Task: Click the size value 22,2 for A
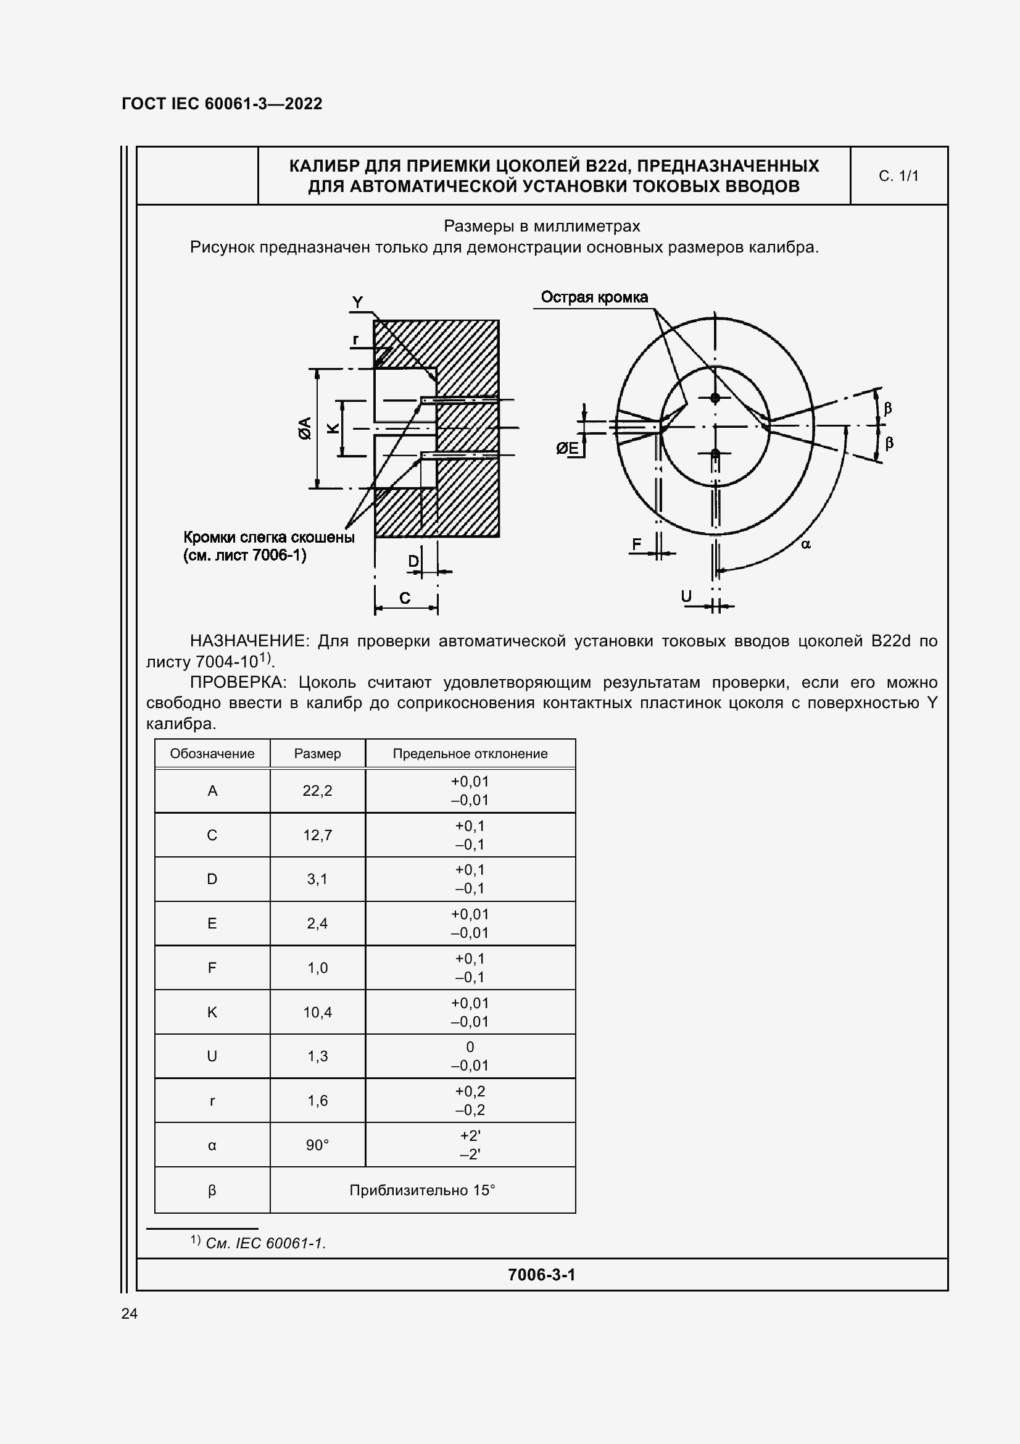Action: (317, 791)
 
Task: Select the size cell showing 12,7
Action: (317, 835)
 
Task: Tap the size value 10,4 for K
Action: (317, 1012)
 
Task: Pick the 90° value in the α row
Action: (317, 1145)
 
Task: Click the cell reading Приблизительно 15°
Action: (422, 1190)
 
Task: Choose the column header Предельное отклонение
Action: (470, 753)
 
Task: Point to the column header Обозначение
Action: (212, 753)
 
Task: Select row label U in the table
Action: (212, 1056)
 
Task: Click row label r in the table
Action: (212, 1101)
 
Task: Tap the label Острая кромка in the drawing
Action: (594, 298)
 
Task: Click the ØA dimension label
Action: (305, 428)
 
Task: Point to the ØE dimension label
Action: (568, 448)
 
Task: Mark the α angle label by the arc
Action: (806, 544)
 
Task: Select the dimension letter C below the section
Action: (405, 598)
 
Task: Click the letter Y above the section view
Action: (357, 303)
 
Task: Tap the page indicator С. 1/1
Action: (898, 176)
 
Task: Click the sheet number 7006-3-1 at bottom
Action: (541, 1274)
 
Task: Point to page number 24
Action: (130, 1313)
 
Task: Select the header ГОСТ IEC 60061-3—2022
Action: (222, 104)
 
